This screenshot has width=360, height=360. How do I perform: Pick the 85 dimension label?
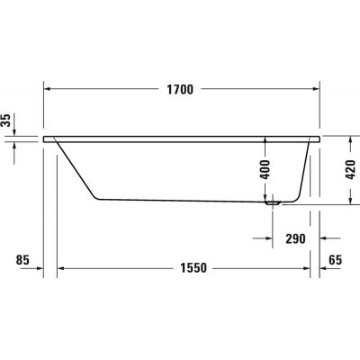[24, 260]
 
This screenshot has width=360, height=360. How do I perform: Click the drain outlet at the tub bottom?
[273, 203]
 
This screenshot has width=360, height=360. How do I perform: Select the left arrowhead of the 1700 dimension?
[48, 89]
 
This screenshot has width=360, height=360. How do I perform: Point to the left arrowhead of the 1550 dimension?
[61, 267]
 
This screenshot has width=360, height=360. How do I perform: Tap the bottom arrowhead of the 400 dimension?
[265, 197]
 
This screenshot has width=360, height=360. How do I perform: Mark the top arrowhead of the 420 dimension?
[350, 139]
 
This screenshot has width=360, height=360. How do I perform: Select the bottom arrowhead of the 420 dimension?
[350, 202]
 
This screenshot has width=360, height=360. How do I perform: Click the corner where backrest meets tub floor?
[98, 198]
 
